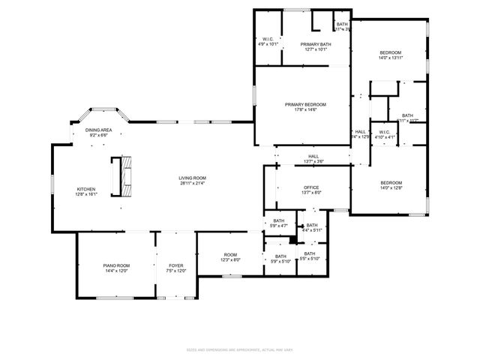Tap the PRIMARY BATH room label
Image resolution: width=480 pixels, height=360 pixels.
point(316,44)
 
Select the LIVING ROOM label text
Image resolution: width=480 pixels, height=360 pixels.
point(192,178)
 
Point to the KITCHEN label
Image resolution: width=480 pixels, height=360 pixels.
point(86,189)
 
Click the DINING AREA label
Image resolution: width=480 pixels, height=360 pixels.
point(98,130)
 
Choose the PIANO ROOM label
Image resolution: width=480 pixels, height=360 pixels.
point(116,265)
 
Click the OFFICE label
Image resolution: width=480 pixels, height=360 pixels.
point(311,187)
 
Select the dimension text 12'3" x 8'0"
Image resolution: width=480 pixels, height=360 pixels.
point(230,260)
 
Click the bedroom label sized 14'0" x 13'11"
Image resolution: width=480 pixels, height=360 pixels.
point(391,52)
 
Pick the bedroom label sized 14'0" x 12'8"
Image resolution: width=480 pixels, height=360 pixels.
point(391,183)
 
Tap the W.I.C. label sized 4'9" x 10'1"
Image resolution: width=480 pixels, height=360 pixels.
point(268,39)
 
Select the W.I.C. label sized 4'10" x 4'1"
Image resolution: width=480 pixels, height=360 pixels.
point(384,133)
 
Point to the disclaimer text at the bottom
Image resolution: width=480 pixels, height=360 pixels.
point(239,349)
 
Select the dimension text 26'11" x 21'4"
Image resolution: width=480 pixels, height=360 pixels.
point(192,183)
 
